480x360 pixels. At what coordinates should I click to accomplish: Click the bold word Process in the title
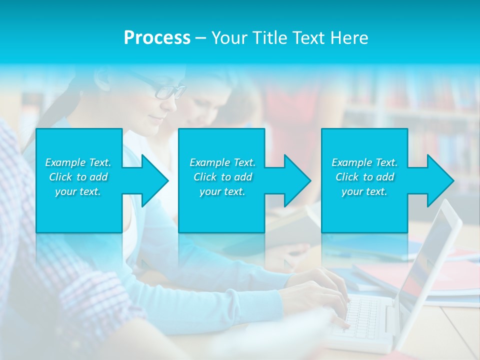[x=157, y=38]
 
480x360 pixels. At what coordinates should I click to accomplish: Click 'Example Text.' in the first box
[x=78, y=162]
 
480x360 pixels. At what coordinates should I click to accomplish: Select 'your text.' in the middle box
[x=222, y=191]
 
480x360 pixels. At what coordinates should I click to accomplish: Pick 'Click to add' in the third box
[x=364, y=177]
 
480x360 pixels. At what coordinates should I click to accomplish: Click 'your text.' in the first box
[x=78, y=191]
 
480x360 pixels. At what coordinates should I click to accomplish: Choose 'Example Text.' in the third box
[x=364, y=162]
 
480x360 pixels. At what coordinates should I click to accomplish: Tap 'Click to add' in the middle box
[x=222, y=177]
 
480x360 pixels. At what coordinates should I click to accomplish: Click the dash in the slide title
[x=200, y=38]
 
